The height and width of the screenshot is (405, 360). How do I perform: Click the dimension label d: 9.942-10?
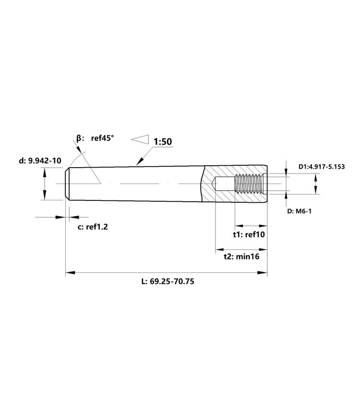click(40, 160)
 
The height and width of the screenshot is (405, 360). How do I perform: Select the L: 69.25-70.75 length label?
click(168, 281)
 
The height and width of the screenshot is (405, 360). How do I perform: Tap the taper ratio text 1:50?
click(163, 142)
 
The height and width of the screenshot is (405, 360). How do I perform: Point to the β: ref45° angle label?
click(95, 138)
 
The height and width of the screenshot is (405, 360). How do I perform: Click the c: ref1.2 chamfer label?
click(93, 227)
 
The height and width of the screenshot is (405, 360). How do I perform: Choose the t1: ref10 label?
click(249, 234)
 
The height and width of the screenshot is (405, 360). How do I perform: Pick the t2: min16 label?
click(241, 257)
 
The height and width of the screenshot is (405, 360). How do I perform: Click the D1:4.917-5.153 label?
click(322, 167)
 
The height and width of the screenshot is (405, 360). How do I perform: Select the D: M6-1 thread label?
click(300, 211)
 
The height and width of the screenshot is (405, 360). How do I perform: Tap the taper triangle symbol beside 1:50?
click(140, 139)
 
